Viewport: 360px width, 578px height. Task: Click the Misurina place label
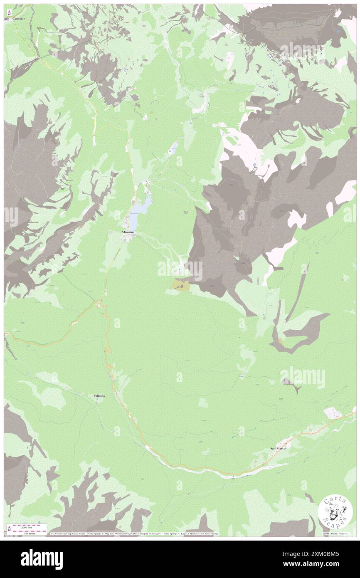127,232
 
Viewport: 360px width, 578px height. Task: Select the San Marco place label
279,448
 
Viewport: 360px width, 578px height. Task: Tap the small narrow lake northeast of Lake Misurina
174,147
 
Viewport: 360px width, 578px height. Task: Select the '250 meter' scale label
24,534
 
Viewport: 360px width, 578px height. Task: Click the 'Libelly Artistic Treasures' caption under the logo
335,533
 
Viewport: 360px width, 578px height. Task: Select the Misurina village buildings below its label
128,238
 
